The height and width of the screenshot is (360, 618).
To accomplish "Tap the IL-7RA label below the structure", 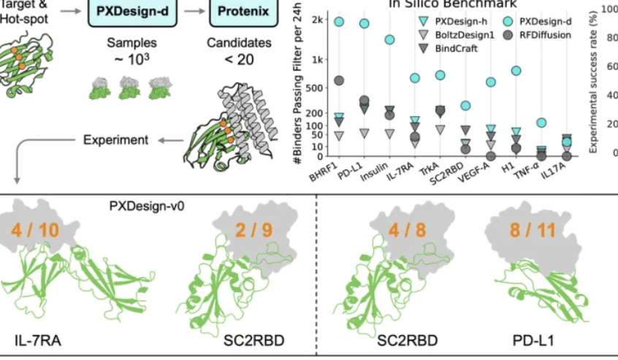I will click(x=34, y=340).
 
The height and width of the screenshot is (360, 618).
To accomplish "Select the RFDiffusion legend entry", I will click(x=551, y=34).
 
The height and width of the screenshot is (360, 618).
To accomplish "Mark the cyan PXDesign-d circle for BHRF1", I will click(x=339, y=22).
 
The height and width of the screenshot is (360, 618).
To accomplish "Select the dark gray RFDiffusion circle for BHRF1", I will click(x=339, y=80).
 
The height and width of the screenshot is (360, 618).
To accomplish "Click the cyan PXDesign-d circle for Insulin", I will click(x=389, y=39).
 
